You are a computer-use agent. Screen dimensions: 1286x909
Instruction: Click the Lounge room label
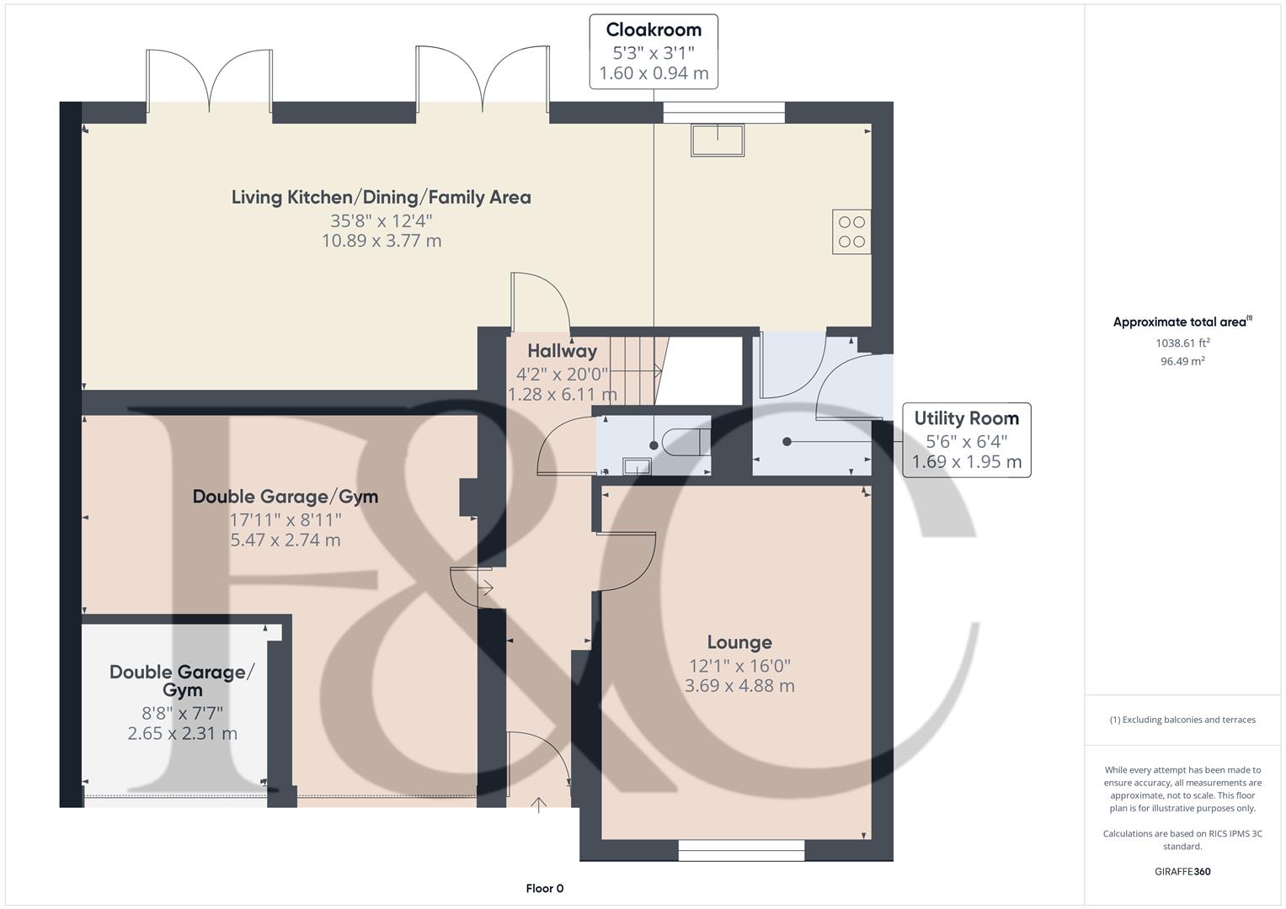point(739,642)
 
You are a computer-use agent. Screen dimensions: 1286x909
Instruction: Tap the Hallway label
point(562,351)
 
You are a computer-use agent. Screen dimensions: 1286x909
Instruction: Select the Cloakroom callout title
point(654,29)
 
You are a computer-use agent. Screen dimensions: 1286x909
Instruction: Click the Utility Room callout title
point(966,418)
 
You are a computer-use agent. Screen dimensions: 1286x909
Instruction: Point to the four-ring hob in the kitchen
point(851,231)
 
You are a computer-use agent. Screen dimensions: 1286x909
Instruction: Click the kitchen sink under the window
point(718,140)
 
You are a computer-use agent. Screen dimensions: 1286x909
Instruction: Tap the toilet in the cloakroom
point(686,443)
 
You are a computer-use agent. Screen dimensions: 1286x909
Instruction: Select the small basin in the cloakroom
point(636,466)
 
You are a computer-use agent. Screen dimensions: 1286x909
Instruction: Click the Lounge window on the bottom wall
point(741,850)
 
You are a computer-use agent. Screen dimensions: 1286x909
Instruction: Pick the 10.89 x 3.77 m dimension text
point(382,241)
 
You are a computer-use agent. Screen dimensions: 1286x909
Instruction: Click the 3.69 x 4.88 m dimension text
point(739,686)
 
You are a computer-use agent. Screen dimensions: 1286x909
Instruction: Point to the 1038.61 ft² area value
point(1182,343)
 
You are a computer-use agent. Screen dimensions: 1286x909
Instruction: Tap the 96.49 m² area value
point(1182,361)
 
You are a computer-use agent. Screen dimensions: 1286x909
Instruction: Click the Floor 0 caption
point(545,888)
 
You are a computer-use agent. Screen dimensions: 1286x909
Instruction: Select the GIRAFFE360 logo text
point(1182,871)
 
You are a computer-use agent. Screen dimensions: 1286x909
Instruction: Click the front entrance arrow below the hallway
point(538,805)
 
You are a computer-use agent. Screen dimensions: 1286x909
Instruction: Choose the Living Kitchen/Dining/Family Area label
point(382,198)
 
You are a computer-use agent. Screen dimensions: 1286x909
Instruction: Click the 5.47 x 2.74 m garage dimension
point(285,540)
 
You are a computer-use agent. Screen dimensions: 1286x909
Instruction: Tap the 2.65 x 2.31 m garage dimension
point(182,733)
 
